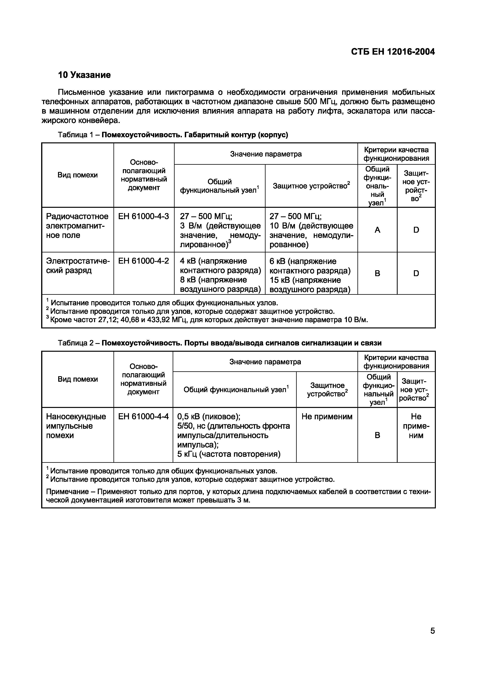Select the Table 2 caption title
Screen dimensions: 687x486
pyautogui.click(x=241, y=343)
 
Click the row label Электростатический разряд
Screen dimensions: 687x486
pyautogui.click(x=78, y=266)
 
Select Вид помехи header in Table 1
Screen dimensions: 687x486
pyautogui.click(x=78, y=175)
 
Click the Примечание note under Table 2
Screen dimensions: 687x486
pyautogui.click(x=238, y=496)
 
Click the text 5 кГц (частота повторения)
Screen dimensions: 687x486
pyautogui.click(x=229, y=454)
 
